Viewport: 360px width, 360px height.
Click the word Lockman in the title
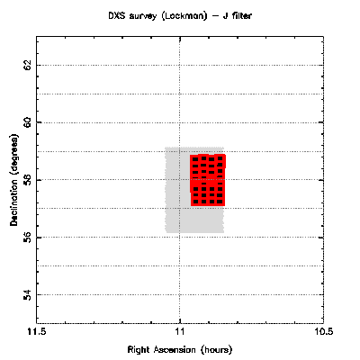pos(184,16)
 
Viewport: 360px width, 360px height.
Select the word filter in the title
pos(241,15)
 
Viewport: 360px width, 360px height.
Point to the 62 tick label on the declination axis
pos(27,65)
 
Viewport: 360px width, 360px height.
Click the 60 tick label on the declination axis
pos(27,122)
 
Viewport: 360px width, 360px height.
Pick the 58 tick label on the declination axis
pos(27,180)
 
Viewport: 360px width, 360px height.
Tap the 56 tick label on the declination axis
pos(27,238)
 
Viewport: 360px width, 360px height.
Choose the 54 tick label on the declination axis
pos(27,295)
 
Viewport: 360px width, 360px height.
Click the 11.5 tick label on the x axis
pos(36,332)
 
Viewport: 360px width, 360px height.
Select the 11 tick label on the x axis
pos(180,332)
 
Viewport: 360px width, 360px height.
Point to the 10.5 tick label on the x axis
pos(323,332)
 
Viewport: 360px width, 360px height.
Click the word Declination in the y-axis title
pos(14,202)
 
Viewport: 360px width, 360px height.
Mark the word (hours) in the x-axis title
pos(217,350)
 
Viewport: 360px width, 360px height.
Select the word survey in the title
pos(143,16)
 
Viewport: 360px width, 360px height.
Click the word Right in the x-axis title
pos(139,350)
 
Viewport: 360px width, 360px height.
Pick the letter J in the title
pos(225,15)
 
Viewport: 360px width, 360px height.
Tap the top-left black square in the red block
pos(195,159)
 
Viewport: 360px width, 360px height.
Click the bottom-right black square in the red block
pos(220,202)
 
